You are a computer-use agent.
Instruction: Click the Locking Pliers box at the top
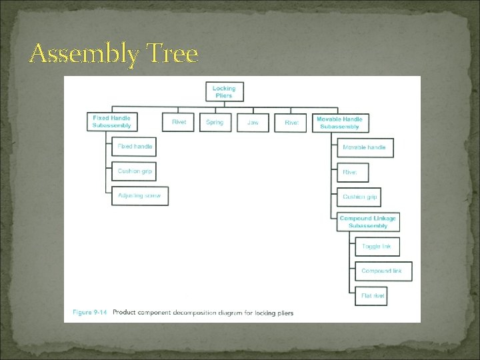(224, 92)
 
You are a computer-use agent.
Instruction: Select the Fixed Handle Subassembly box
(111, 122)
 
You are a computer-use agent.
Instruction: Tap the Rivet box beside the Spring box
(179, 123)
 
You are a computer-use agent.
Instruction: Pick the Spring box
(215, 123)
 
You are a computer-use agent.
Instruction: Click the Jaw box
(253, 123)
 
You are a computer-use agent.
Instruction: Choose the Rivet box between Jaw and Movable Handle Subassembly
(291, 123)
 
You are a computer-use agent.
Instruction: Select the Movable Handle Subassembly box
(339, 123)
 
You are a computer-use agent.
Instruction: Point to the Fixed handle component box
(134, 147)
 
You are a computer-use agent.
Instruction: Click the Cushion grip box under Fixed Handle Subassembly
(134, 171)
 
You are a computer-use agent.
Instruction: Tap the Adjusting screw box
(139, 196)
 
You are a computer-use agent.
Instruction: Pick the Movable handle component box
(364, 147)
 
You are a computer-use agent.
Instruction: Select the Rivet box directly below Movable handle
(351, 172)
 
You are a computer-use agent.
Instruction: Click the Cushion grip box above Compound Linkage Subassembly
(360, 197)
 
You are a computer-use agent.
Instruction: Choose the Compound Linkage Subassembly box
(367, 222)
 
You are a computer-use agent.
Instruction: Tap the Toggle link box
(377, 247)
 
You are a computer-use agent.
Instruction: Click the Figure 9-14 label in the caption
(89, 313)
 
